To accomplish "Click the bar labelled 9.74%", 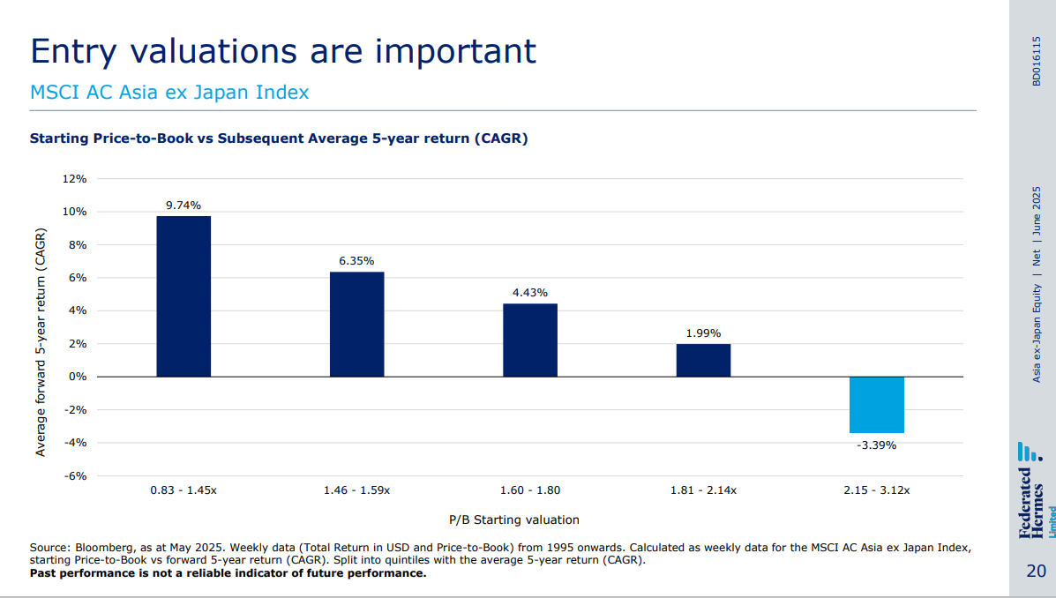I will point(183,296).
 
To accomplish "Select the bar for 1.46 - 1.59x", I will point(357,324).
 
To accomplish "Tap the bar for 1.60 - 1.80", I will point(530,340).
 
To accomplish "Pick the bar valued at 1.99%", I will point(703,360).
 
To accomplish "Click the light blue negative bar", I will point(876,405).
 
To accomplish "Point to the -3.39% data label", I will point(876,445).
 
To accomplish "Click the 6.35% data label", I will point(356,261).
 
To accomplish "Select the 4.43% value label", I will point(530,293).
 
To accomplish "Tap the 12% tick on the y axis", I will point(74,179).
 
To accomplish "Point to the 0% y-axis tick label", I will point(78,377).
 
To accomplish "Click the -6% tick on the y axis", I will point(76,475).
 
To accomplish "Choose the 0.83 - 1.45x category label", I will point(183,490).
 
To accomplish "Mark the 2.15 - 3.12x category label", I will point(876,490).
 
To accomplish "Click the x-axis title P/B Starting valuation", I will point(514,520).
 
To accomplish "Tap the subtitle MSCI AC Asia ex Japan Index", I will point(169,93).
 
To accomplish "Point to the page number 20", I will point(1036,571).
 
